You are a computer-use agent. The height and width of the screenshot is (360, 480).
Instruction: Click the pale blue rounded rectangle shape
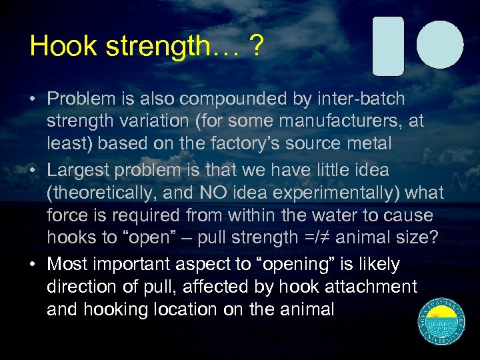[x=388, y=45]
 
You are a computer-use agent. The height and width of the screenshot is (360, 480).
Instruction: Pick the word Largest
[x=79, y=170]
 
